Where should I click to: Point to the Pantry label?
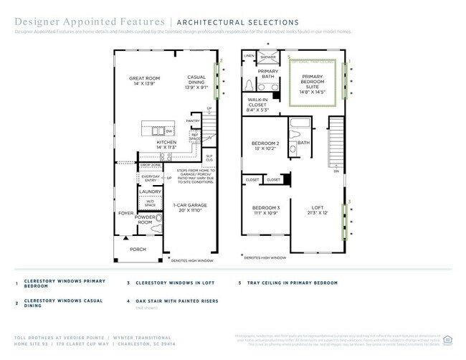coord(193,121)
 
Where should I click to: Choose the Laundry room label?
coord(150,191)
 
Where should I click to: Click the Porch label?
coord(138,250)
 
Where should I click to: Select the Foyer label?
coord(125,214)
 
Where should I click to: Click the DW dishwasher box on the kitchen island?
coord(169,131)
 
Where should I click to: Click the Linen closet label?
coord(249,55)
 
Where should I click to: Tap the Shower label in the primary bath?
coord(268,56)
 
